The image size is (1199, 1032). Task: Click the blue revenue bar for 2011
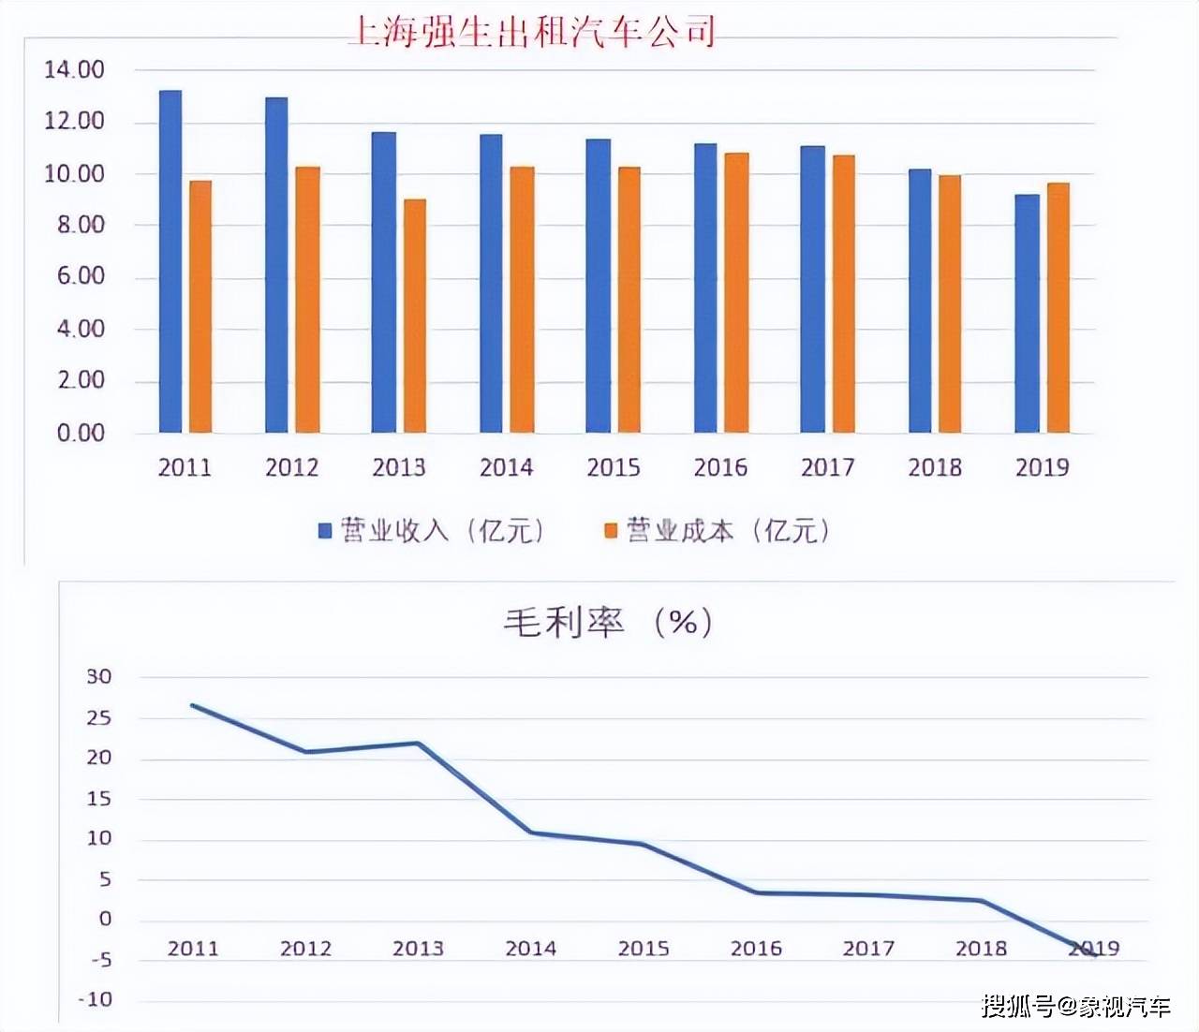(x=170, y=261)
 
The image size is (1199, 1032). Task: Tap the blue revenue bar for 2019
(x=1028, y=314)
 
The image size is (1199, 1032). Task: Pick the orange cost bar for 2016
(x=736, y=292)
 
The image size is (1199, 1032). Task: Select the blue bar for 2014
(x=491, y=283)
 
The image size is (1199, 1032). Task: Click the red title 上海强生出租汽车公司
(x=531, y=31)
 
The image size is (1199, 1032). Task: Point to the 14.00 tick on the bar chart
(x=74, y=70)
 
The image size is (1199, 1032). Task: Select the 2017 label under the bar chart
(x=827, y=467)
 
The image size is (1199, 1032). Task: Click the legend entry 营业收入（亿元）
(x=431, y=531)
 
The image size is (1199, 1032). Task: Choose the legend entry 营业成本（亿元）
(x=718, y=531)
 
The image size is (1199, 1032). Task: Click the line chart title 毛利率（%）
(x=608, y=622)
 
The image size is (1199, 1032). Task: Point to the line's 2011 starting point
(x=193, y=705)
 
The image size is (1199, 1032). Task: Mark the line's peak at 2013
(x=418, y=744)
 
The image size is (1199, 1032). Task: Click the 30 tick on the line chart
(x=99, y=676)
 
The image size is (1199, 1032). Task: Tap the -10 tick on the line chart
(x=95, y=999)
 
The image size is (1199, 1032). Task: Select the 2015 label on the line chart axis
(x=644, y=949)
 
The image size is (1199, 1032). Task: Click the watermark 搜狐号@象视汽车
(x=1076, y=1007)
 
